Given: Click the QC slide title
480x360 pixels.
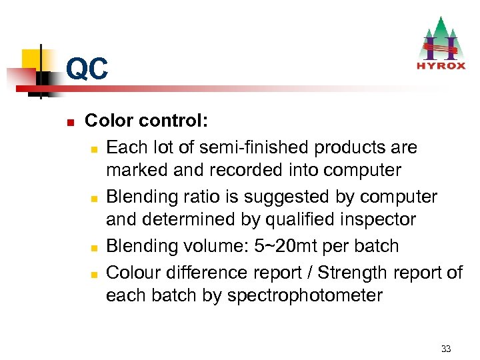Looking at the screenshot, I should (x=87, y=69).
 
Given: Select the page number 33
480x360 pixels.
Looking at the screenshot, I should (x=446, y=349).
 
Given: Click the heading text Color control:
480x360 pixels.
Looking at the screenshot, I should (x=147, y=121).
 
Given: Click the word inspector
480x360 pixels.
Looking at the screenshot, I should (x=377, y=220).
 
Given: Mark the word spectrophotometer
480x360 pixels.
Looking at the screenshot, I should (x=305, y=295).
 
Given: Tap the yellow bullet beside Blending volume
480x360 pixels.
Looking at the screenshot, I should (x=95, y=247).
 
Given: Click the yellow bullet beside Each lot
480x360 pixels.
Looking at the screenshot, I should (x=95, y=147).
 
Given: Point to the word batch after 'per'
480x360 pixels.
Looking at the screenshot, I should (x=376, y=246).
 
